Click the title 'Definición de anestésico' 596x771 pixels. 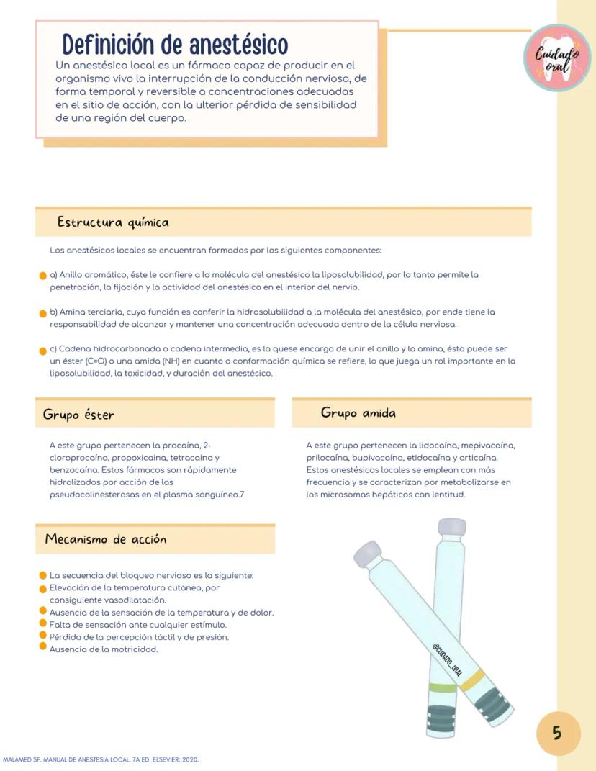(x=175, y=45)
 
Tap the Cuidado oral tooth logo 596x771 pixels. (x=556, y=58)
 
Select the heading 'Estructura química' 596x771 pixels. (x=113, y=222)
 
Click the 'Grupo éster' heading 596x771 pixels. (x=78, y=415)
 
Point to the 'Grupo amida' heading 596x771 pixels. (x=358, y=413)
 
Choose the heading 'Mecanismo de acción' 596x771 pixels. (x=105, y=539)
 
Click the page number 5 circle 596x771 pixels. (x=557, y=734)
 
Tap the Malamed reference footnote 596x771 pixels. (x=101, y=759)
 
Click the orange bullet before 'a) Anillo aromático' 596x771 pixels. (x=43, y=276)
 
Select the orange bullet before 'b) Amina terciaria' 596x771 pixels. (x=43, y=313)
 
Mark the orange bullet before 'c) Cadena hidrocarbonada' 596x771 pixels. (x=43, y=351)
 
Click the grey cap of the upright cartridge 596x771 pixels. (x=451, y=527)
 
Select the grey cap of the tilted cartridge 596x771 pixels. (x=368, y=554)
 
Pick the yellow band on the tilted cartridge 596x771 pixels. (x=472, y=682)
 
